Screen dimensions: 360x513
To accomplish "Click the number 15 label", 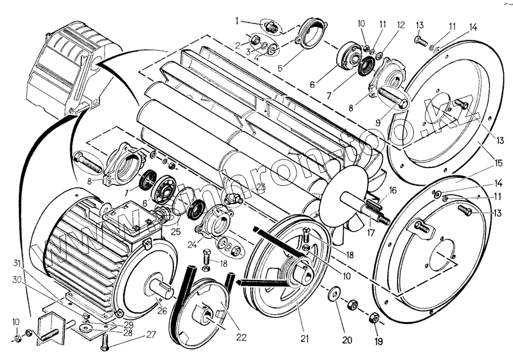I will (499, 163).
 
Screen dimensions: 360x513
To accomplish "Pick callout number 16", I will (393, 190).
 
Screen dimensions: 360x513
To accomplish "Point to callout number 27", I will (150, 334).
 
